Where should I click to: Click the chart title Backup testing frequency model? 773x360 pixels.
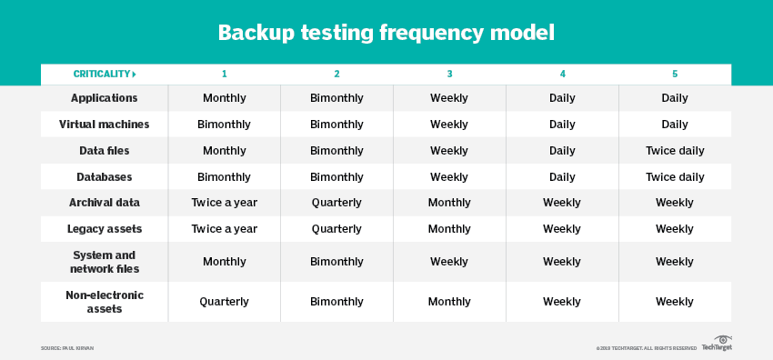pos(386,34)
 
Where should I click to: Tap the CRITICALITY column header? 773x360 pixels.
pos(104,74)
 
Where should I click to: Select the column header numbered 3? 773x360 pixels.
pos(449,74)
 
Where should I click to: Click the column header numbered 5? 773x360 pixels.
pos(675,74)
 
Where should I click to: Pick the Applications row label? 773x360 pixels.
pos(104,98)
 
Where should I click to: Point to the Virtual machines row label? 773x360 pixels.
pos(104,125)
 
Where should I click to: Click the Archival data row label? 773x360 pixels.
pos(104,203)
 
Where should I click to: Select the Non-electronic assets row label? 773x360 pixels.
pos(104,301)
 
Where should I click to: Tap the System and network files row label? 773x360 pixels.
pos(104,262)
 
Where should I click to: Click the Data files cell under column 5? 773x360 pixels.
pos(675,151)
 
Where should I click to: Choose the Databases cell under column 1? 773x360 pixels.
pos(224,177)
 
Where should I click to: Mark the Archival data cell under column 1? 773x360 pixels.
pos(224,203)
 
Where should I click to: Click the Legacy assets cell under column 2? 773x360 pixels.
pos(336,229)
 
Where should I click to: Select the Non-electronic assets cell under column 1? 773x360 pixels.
pos(224,302)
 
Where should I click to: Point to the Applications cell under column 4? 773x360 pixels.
pos(562,98)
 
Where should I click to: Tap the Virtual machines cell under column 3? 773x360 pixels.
pos(449,125)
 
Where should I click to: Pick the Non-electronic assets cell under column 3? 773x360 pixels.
pos(449,302)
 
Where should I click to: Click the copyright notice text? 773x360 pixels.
pos(646,348)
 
